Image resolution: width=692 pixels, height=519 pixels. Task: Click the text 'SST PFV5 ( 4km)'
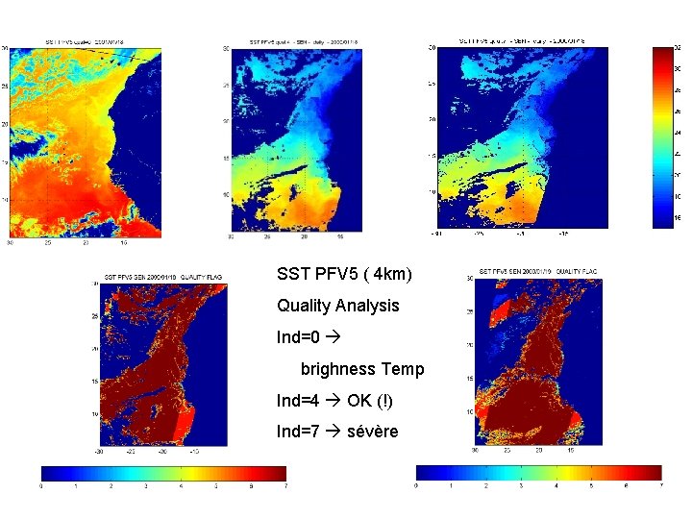344,275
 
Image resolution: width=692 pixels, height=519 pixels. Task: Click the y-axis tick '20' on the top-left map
5,124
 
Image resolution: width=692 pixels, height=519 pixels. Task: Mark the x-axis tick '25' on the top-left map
48,242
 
